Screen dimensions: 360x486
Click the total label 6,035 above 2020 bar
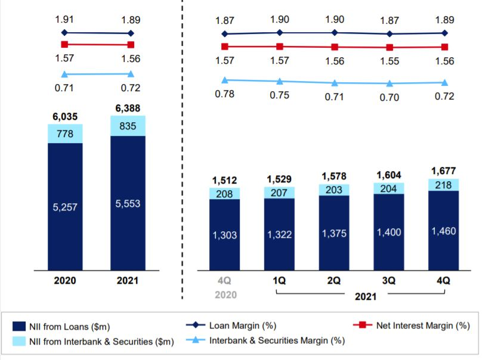(65, 117)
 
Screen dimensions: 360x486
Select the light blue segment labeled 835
(128, 126)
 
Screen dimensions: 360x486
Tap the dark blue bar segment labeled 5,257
(65, 207)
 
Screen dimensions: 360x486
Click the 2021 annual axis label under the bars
(128, 280)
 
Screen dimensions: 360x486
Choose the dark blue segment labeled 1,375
(335, 234)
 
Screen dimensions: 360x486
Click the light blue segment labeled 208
(224, 193)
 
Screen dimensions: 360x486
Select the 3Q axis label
(389, 280)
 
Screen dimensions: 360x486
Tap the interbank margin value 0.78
(224, 94)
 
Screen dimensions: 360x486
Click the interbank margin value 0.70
(389, 97)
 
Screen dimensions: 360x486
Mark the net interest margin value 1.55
(389, 61)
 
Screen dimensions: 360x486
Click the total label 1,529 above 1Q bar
(280, 179)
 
